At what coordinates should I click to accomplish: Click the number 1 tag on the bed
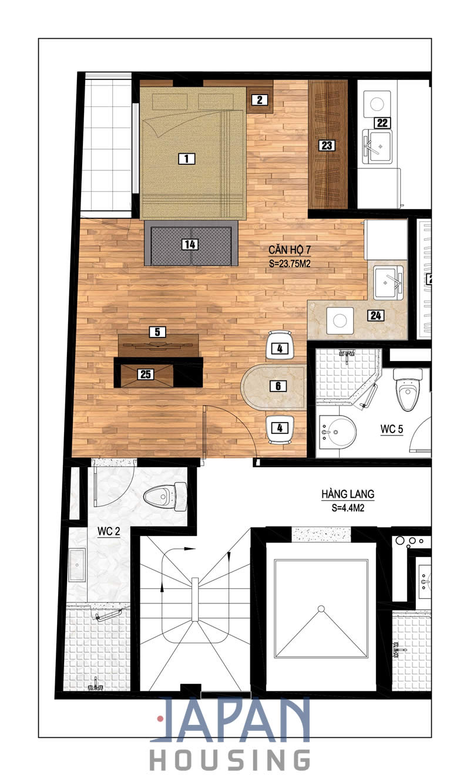pos(186,158)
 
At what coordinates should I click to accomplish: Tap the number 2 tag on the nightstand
pos(260,100)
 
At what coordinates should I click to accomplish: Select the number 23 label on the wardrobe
pos(327,145)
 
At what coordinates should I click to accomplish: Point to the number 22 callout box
pos(382,123)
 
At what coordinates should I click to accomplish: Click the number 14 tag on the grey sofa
pos(190,244)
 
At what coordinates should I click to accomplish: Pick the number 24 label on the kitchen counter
pos(376,315)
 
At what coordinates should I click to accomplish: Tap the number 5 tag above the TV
pos(157,332)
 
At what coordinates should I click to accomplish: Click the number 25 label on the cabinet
pos(146,374)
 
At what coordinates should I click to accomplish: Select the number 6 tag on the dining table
pos(278,386)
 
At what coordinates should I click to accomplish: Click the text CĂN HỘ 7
pos(290,250)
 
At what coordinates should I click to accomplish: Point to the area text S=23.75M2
pos(290,264)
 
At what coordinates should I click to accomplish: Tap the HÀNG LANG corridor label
pos(348,494)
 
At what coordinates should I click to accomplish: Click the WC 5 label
pos(392,429)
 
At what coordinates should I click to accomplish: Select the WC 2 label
pos(109,531)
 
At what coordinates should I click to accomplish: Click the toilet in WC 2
pos(165,497)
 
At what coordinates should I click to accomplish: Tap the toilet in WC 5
pos(408,389)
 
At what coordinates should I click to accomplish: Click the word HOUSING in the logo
pos(230,760)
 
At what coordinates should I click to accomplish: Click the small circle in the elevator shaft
pos(321,608)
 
